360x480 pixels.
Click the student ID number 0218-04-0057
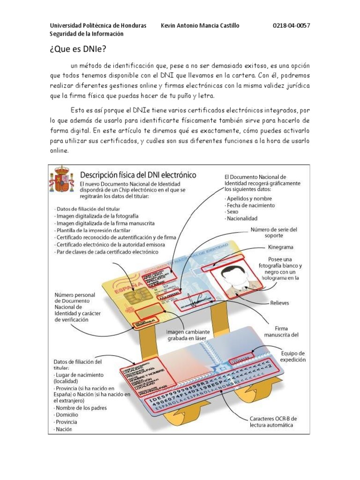[x=291, y=25]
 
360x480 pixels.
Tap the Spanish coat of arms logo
[x=62, y=180]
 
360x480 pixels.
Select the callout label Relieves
[x=279, y=303]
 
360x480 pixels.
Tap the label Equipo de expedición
[x=293, y=356]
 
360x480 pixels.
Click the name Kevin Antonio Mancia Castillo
[x=200, y=25]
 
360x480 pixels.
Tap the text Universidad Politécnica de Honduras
[x=98, y=25]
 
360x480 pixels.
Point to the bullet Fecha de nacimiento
[x=250, y=205]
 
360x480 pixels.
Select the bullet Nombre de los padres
[x=81, y=408]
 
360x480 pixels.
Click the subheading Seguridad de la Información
[x=87, y=34]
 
